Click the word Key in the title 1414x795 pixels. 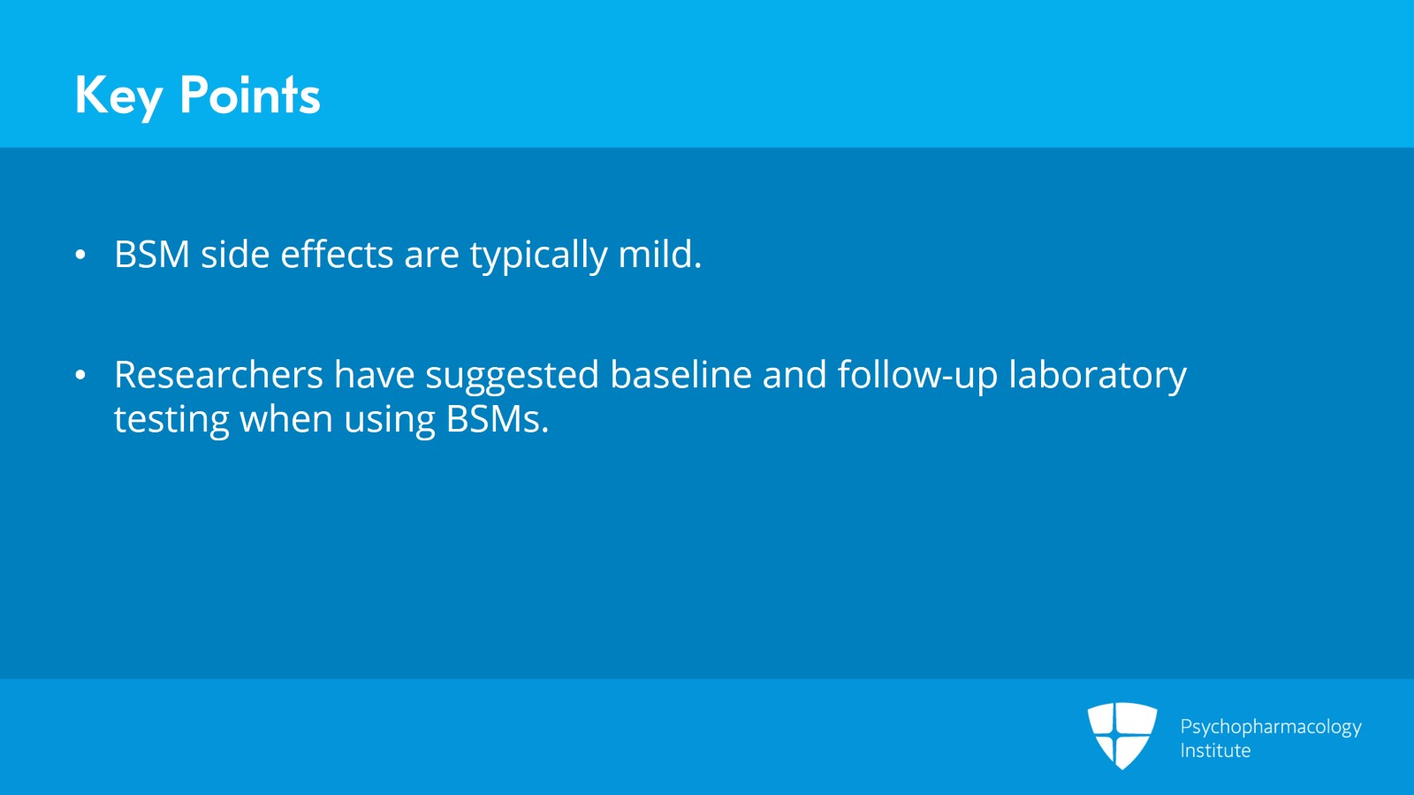click(118, 96)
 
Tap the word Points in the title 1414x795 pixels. click(249, 96)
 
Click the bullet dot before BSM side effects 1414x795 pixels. click(80, 256)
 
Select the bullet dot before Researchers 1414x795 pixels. click(80, 376)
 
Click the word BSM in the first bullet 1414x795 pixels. click(152, 255)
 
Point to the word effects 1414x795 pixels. click(337, 255)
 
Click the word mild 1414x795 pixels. click(659, 255)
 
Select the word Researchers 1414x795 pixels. click(218, 375)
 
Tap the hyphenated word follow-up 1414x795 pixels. click(917, 376)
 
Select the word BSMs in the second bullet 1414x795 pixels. click(497, 419)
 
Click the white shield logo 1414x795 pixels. click(1121, 735)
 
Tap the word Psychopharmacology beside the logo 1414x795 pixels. click(1270, 727)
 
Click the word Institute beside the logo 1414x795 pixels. click(1215, 751)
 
